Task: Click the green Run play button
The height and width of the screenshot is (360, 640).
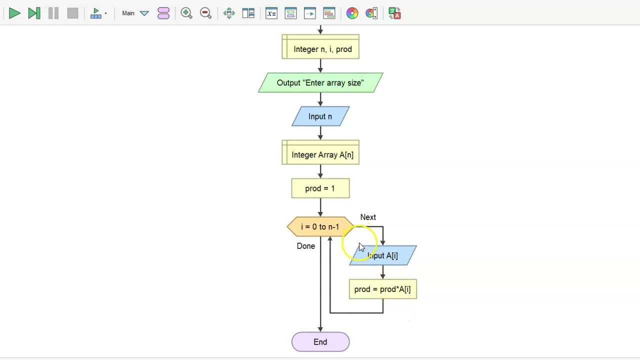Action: click(14, 13)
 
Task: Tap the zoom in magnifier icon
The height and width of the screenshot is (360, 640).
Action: click(186, 13)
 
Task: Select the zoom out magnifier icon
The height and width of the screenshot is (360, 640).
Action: click(205, 13)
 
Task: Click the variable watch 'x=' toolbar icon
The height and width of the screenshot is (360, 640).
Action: click(271, 13)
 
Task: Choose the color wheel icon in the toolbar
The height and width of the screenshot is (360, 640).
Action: click(352, 13)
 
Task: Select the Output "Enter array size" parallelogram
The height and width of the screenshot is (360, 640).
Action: click(320, 83)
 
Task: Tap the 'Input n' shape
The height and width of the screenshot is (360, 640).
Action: click(320, 116)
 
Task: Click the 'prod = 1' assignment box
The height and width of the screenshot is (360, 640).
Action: click(320, 188)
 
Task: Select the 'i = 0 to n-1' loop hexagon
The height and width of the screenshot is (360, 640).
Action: click(320, 227)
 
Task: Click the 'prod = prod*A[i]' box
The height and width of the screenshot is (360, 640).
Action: click(382, 289)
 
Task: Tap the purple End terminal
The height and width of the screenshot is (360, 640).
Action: click(320, 342)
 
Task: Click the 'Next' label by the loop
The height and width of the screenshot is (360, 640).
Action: click(368, 217)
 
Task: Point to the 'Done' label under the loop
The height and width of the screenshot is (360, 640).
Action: click(306, 246)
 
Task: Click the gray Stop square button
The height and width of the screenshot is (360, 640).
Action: click(72, 13)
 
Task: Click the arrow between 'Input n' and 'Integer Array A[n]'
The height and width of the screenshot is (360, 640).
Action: click(320, 133)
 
